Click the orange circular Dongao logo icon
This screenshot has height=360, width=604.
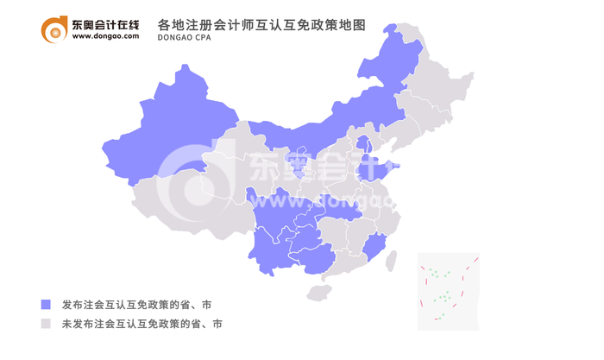pos(54,30)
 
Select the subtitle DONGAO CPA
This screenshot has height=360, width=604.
pos(188,39)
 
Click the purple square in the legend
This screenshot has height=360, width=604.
pos(46,305)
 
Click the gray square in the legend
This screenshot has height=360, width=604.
pos(46,325)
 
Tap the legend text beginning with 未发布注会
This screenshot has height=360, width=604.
pos(142,325)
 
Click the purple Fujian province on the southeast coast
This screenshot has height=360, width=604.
pos(373,249)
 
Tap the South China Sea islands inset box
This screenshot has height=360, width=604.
pos(448,291)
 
